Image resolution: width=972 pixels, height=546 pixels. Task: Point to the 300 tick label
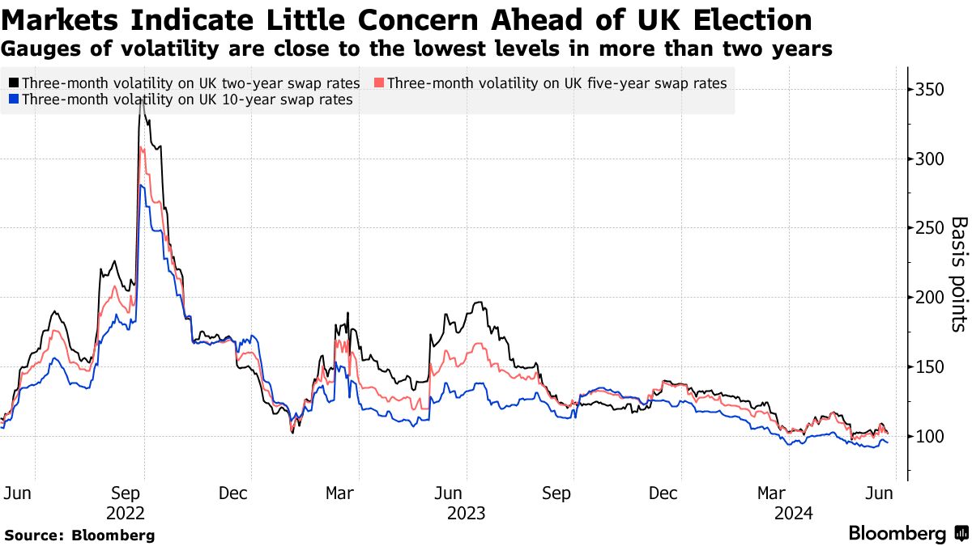[929, 159]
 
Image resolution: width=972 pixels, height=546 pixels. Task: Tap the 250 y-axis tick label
[929, 228]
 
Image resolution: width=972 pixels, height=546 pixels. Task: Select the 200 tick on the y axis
[929, 298]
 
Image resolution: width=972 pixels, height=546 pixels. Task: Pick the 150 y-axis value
[929, 367]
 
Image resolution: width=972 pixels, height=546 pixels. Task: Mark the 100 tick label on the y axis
[929, 437]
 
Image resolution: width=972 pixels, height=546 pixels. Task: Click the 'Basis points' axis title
[958, 273]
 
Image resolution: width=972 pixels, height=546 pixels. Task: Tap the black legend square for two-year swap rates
[13, 83]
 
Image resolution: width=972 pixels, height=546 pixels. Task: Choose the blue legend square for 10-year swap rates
[13, 100]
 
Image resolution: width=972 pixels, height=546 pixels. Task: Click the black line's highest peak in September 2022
[142, 96]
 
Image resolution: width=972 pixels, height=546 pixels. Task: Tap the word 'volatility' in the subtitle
[132, 49]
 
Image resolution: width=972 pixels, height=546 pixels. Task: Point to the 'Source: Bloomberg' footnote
[79, 535]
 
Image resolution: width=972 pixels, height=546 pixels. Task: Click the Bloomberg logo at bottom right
[907, 534]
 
